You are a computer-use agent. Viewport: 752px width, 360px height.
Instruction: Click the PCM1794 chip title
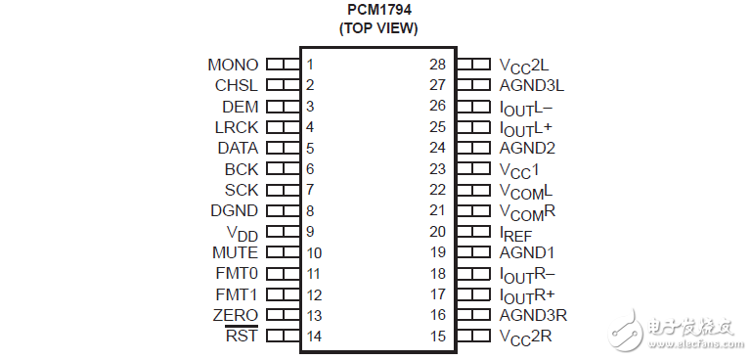377,10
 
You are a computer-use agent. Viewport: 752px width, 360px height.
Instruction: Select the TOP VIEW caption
377,28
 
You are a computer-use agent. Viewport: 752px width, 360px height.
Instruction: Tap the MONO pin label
233,65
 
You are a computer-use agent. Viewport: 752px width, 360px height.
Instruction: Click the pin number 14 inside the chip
314,337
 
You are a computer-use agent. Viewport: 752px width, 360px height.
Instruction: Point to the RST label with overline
242,337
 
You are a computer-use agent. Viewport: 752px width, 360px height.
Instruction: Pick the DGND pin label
234,210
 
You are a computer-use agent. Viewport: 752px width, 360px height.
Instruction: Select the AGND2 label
527,148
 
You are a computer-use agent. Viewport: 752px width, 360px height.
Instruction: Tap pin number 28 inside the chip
437,65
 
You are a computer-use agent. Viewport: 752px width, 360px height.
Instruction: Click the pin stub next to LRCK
283,127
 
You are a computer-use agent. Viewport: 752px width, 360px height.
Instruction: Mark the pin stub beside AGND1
473,252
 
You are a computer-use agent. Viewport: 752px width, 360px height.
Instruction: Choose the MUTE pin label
234,252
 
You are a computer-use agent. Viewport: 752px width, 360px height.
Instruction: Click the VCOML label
526,190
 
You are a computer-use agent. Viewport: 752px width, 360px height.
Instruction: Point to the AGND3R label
533,315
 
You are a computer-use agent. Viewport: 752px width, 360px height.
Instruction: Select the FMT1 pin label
236,294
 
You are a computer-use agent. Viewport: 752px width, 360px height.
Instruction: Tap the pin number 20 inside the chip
437,232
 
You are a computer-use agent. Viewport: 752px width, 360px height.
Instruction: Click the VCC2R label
525,337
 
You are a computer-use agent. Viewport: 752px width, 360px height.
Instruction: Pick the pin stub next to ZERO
283,315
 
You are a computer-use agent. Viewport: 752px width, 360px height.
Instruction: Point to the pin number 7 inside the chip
310,190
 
